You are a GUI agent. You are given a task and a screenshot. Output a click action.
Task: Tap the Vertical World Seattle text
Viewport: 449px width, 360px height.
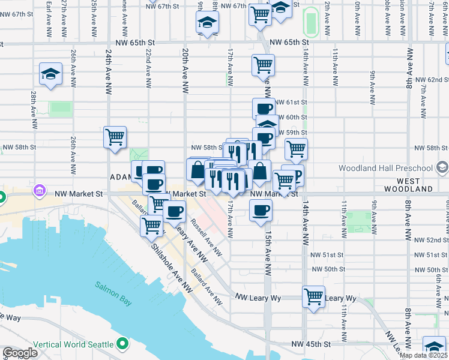click(x=73, y=344)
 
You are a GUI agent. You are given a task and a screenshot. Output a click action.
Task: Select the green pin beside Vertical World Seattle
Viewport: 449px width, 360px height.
click(x=123, y=344)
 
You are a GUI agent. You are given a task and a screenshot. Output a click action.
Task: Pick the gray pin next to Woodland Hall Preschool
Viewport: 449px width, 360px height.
click(x=442, y=167)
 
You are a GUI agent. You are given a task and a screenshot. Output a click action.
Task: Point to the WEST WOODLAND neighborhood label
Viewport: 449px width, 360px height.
click(x=415, y=188)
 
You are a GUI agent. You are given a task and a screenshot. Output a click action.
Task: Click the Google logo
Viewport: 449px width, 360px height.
click(x=20, y=353)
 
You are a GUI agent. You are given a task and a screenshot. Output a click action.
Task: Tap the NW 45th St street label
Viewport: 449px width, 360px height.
click(x=311, y=344)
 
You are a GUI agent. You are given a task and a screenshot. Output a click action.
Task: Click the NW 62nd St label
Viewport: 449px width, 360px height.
click(x=428, y=79)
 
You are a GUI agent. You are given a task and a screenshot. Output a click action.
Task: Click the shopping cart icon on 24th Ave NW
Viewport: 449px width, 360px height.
click(x=115, y=136)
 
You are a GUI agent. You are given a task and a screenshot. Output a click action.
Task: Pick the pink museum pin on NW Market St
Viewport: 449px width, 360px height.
click(x=40, y=191)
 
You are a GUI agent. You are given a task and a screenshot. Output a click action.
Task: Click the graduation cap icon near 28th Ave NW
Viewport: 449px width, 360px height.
click(x=51, y=74)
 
